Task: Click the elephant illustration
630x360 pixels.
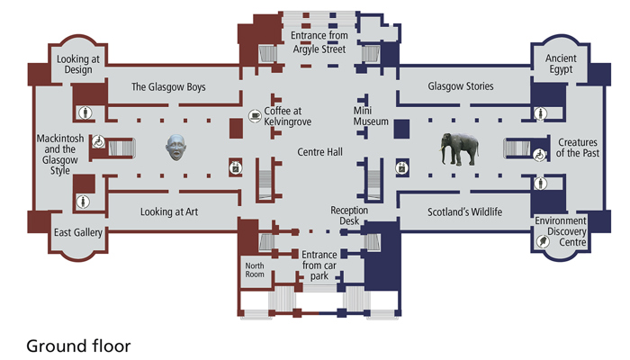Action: click(459, 149)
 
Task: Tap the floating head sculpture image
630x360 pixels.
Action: click(176, 148)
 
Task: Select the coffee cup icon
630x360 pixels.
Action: click(255, 116)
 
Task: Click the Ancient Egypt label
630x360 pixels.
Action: click(561, 64)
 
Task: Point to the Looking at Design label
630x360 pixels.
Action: click(78, 64)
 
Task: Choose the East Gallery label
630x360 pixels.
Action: click(78, 232)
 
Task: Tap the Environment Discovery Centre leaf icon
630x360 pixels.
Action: click(543, 241)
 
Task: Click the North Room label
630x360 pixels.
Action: click(255, 270)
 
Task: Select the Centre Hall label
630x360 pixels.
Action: click(319, 152)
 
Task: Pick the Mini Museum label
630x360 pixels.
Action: click(371, 116)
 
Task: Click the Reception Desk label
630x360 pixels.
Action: click(349, 216)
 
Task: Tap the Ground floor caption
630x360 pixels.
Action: click(78, 346)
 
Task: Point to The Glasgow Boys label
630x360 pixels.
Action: click(168, 86)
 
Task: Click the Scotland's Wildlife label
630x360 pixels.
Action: click(464, 211)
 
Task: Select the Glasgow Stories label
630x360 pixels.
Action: click(461, 86)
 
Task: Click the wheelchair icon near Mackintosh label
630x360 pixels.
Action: click(98, 141)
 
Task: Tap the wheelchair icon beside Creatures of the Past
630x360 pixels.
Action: click(539, 155)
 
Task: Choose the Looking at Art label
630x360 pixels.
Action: click(169, 211)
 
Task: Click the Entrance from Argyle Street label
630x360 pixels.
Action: click(319, 42)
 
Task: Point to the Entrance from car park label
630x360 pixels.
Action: click(319, 265)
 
